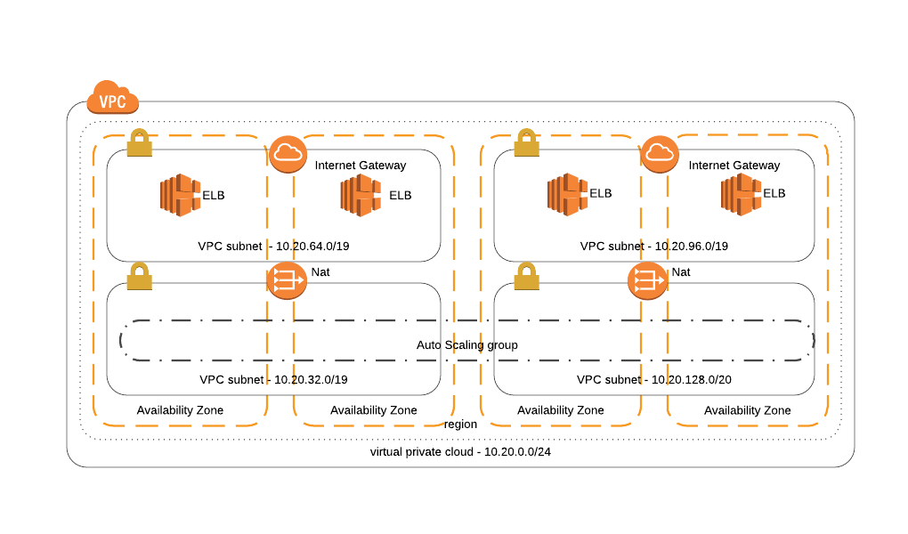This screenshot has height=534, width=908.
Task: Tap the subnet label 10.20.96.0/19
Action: coord(653,246)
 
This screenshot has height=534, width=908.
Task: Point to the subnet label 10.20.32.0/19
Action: coord(272,379)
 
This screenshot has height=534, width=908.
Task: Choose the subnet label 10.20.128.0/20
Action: coord(653,379)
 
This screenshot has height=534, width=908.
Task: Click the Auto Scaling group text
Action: coord(466,344)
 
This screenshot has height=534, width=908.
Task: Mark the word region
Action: coord(460,424)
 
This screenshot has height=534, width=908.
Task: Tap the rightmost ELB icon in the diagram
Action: coord(741,195)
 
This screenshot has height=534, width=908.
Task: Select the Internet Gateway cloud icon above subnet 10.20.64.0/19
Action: coord(287,154)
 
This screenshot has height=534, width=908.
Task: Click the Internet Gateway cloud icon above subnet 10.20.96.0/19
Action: coord(659,154)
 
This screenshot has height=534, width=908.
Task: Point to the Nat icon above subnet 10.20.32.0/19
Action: coord(286,281)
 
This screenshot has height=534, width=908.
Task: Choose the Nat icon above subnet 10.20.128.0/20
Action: coord(646,281)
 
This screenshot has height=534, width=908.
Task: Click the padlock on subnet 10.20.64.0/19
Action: coord(140,143)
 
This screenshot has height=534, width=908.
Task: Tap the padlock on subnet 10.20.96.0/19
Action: coord(527,143)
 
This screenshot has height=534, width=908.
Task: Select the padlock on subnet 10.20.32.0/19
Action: coord(140,276)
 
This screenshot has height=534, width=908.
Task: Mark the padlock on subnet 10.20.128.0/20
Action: coord(527,276)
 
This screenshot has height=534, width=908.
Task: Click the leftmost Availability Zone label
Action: coord(180,410)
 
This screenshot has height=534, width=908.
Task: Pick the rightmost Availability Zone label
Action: coord(747,410)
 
